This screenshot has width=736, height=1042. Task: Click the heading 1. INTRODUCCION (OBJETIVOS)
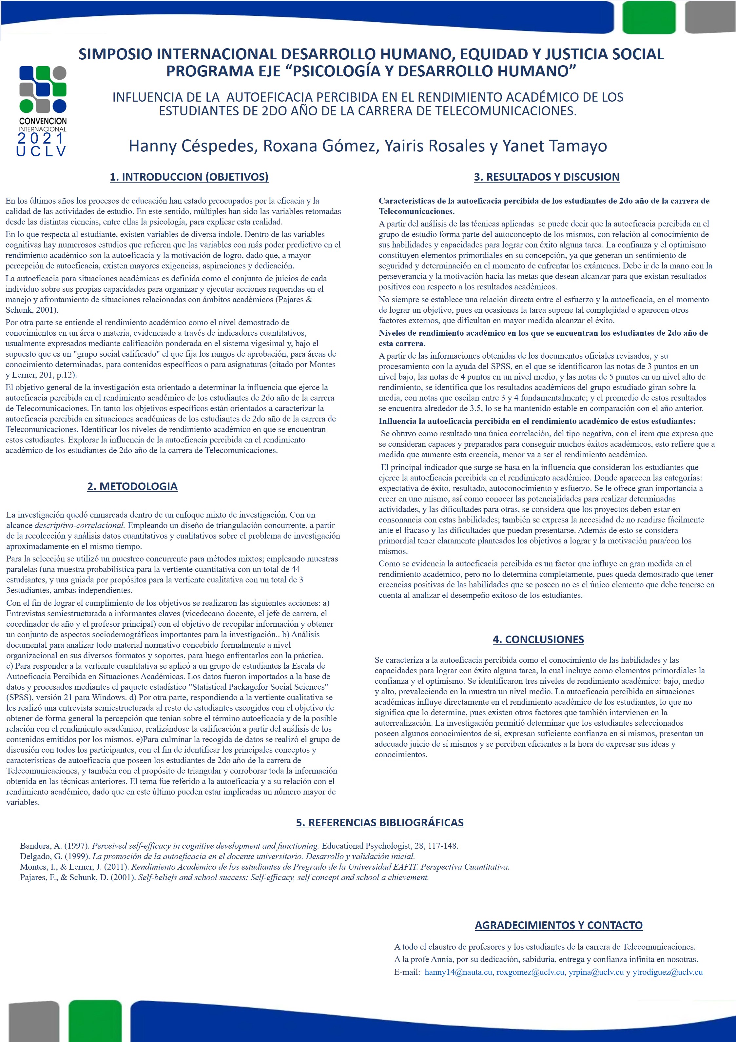[x=189, y=177]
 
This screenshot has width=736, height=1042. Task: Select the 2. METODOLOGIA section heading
[x=132, y=486]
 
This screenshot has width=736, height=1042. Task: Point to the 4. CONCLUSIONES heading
[x=538, y=639]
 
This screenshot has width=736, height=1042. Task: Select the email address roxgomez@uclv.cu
[x=530, y=972]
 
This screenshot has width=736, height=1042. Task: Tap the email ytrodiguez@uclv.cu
[x=668, y=972]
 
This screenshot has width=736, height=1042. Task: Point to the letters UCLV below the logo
[x=41, y=151]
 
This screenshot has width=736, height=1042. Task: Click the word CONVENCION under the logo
[x=43, y=121]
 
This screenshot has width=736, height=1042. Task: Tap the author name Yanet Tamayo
[x=554, y=146]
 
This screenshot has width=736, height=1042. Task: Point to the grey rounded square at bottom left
[x=34, y=1021]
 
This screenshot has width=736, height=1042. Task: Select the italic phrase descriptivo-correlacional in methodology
[x=79, y=525]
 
